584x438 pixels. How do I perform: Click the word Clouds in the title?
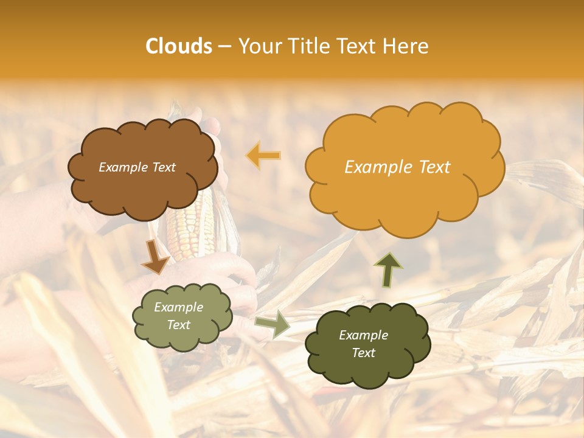179,46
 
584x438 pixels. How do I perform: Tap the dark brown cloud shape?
143,189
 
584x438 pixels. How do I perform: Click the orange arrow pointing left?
263,156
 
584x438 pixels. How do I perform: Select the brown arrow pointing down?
155,257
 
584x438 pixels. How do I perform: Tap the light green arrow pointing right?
272,324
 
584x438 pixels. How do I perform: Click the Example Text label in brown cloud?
137,167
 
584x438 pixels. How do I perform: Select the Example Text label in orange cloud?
397,167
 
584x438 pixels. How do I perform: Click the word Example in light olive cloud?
179,308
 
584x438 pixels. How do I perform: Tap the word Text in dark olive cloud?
363,353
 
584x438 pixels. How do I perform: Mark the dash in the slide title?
224,47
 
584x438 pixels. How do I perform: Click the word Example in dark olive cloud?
363,335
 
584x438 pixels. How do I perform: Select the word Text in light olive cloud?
179,325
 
